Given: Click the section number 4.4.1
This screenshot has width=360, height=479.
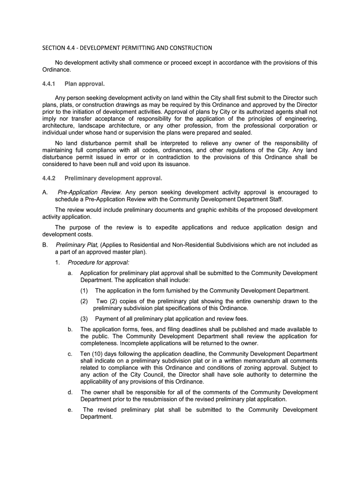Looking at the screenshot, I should coord(49,84).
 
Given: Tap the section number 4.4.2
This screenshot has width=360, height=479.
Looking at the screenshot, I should coord(49,178).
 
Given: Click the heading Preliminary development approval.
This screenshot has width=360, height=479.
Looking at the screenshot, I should coord(113,178).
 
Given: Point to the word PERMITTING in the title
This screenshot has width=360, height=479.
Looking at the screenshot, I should coord(123,48).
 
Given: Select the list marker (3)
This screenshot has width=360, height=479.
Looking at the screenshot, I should coord(84,319).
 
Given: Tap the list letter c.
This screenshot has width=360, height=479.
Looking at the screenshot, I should coord(70,354).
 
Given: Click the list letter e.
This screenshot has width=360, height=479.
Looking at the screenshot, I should coord(70,410).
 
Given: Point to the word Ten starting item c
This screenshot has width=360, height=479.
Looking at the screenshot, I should coord(85,354).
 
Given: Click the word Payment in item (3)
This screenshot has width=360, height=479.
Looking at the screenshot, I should coord(106,319).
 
